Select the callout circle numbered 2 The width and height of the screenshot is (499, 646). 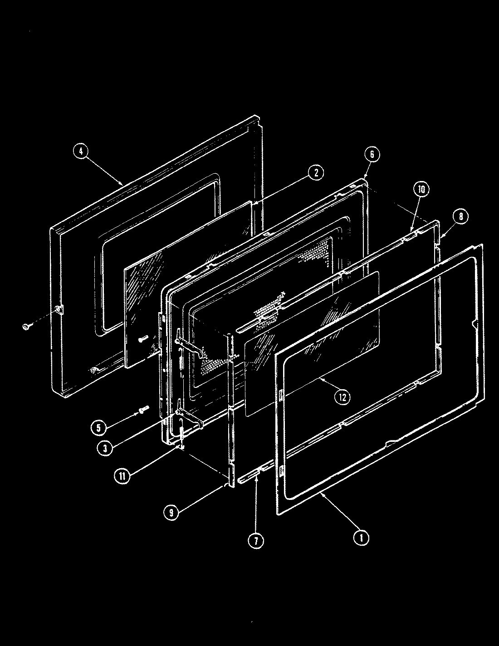tap(316, 172)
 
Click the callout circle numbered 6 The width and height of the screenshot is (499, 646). tap(372, 154)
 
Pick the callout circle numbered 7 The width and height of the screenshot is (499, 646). tap(255, 540)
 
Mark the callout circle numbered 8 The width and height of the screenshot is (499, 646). tap(460, 217)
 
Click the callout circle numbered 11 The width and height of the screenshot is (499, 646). tap(122, 476)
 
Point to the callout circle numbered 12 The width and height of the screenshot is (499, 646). tap(342, 397)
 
